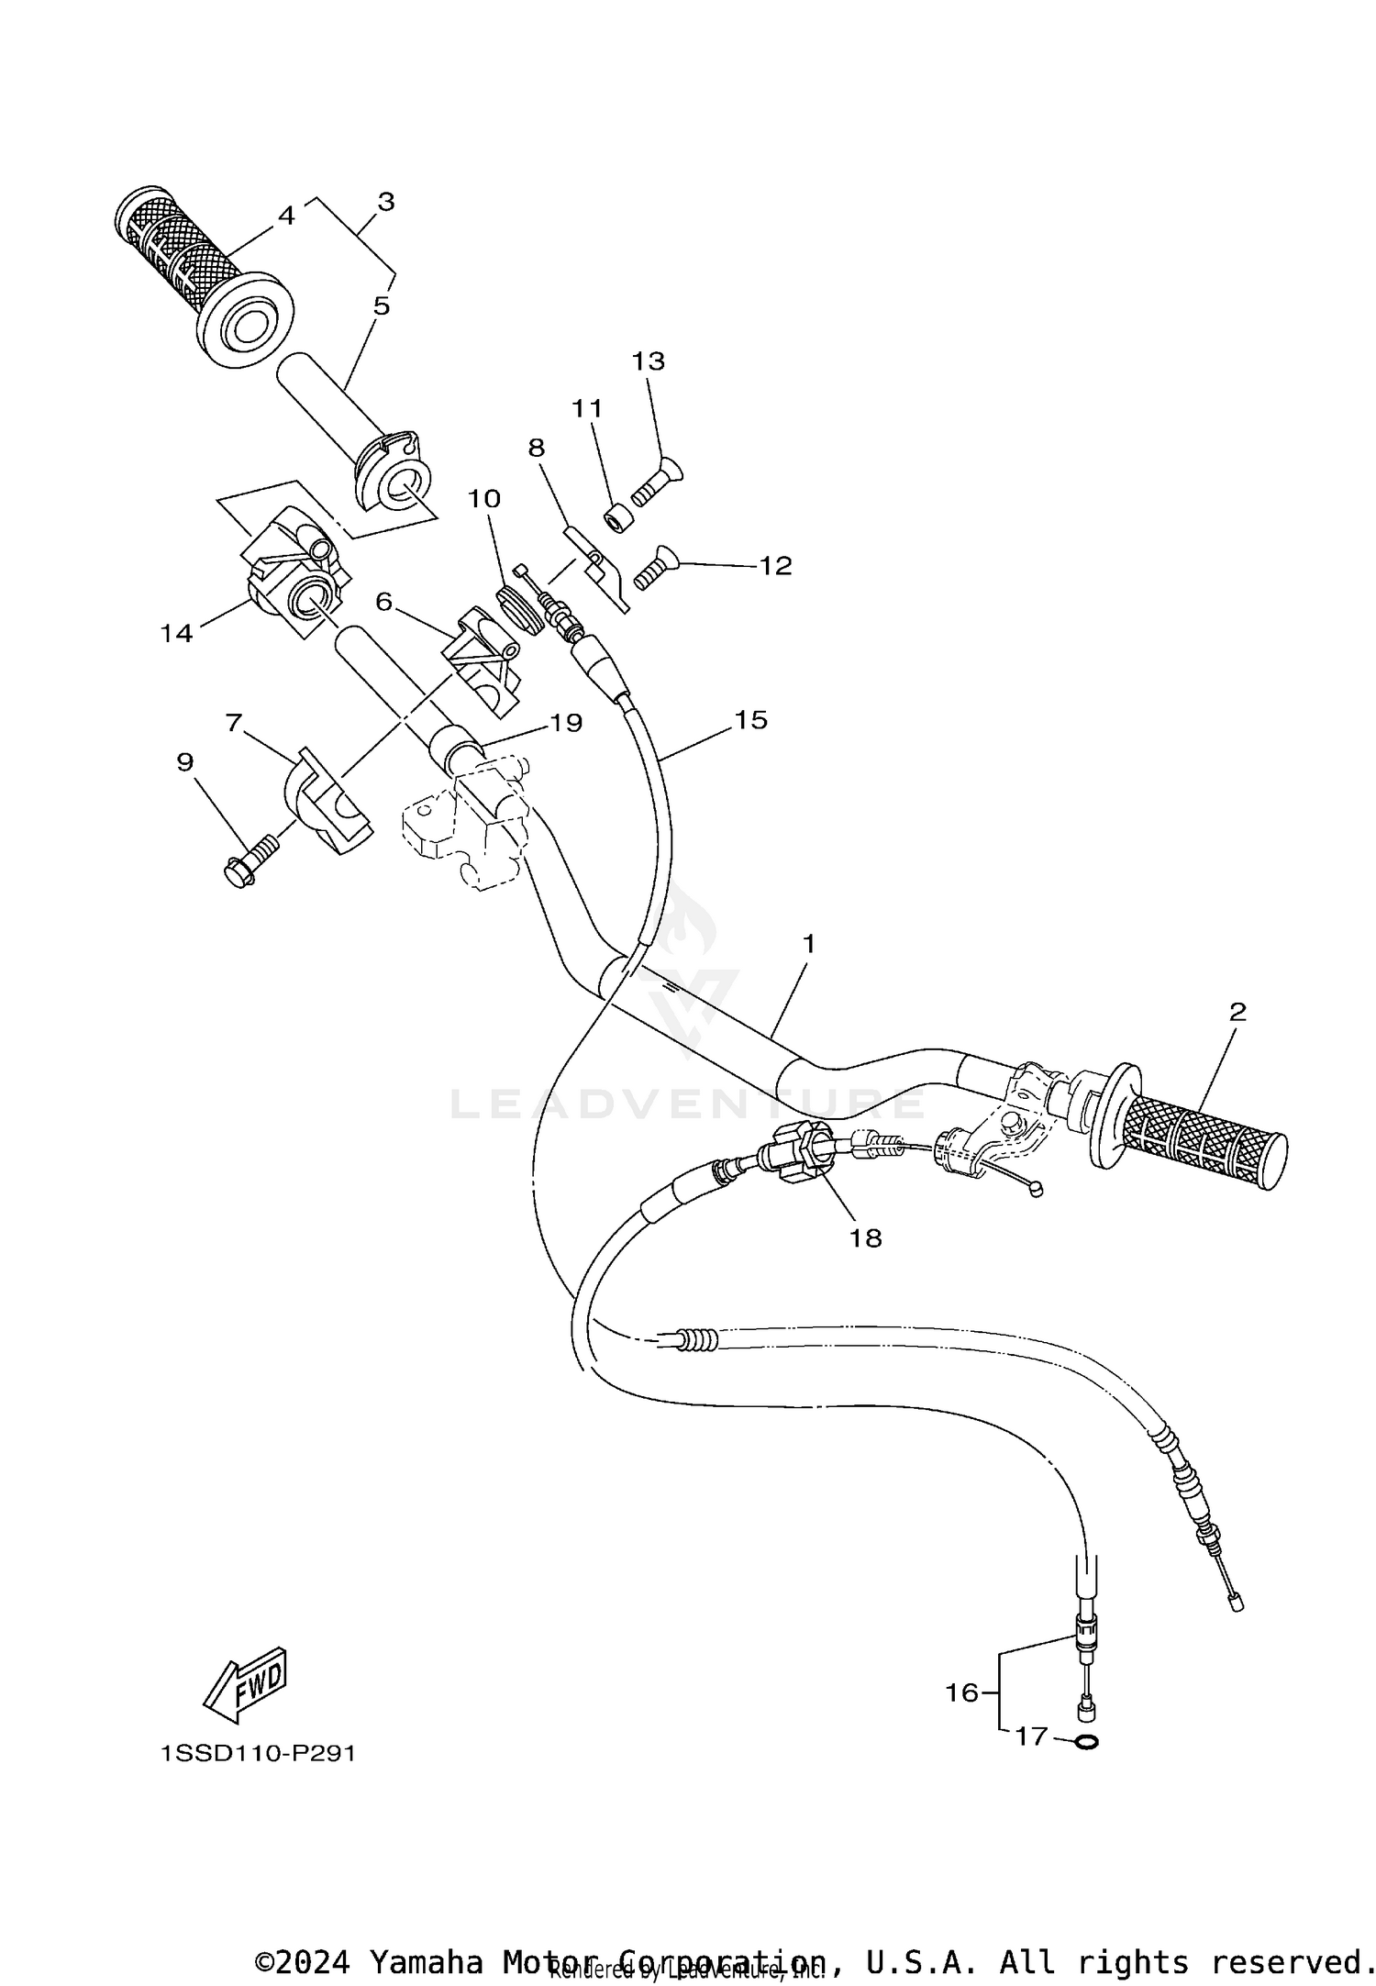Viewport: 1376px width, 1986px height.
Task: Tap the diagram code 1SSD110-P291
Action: (x=258, y=1754)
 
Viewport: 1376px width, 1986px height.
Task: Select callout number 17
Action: (x=1031, y=1736)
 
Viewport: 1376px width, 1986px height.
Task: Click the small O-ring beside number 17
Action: (x=1085, y=1741)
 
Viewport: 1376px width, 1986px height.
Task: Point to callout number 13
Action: (x=648, y=361)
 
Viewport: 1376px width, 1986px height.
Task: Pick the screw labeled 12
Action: (x=650, y=568)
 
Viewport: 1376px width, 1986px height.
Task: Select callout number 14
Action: (x=176, y=632)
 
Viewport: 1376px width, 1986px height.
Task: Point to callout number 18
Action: (x=865, y=1238)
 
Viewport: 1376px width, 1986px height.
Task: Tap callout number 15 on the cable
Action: (x=750, y=720)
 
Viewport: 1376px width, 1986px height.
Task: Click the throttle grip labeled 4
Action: (x=183, y=248)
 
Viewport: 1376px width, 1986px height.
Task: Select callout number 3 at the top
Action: (x=385, y=202)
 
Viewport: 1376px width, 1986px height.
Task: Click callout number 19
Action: (x=566, y=723)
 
